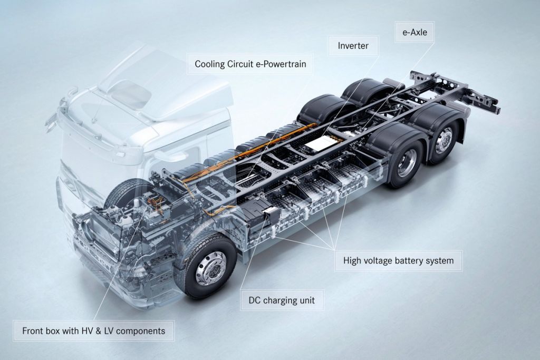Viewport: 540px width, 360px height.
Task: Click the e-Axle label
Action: click(x=414, y=32)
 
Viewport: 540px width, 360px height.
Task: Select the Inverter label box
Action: click(x=353, y=45)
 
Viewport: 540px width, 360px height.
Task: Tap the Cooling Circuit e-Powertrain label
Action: click(x=250, y=64)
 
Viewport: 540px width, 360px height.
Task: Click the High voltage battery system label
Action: click(x=399, y=260)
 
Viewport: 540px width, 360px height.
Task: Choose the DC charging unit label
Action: click(x=282, y=300)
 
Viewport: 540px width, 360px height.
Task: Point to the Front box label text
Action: click(x=94, y=331)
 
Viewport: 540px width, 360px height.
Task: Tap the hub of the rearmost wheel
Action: click(x=443, y=140)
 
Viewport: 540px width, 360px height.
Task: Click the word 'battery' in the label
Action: click(x=409, y=260)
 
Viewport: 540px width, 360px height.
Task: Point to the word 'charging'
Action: click(x=278, y=300)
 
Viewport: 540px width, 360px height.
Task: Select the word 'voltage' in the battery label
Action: click(x=378, y=260)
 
